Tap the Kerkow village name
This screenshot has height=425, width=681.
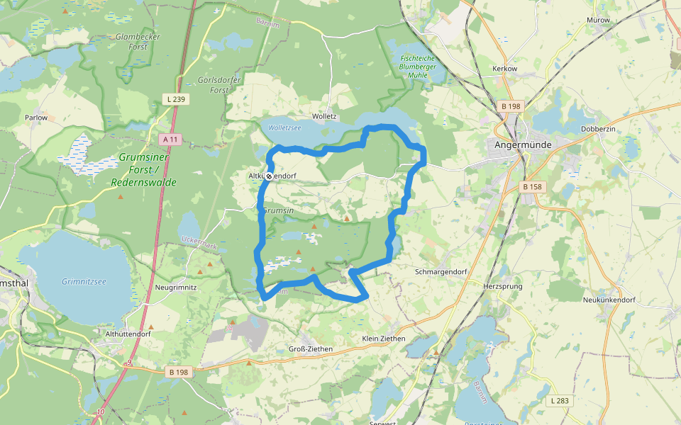coord(504,69)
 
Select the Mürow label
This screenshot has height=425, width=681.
coord(598,20)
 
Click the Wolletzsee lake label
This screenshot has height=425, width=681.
coord(281,128)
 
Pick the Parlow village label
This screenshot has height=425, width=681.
coord(36,118)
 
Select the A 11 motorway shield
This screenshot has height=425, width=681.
coord(169,140)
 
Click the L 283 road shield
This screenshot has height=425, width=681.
coord(559,401)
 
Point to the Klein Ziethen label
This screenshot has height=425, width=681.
coord(383,339)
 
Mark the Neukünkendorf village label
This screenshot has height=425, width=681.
coord(608,300)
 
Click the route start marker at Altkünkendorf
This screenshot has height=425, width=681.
coord(269,176)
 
